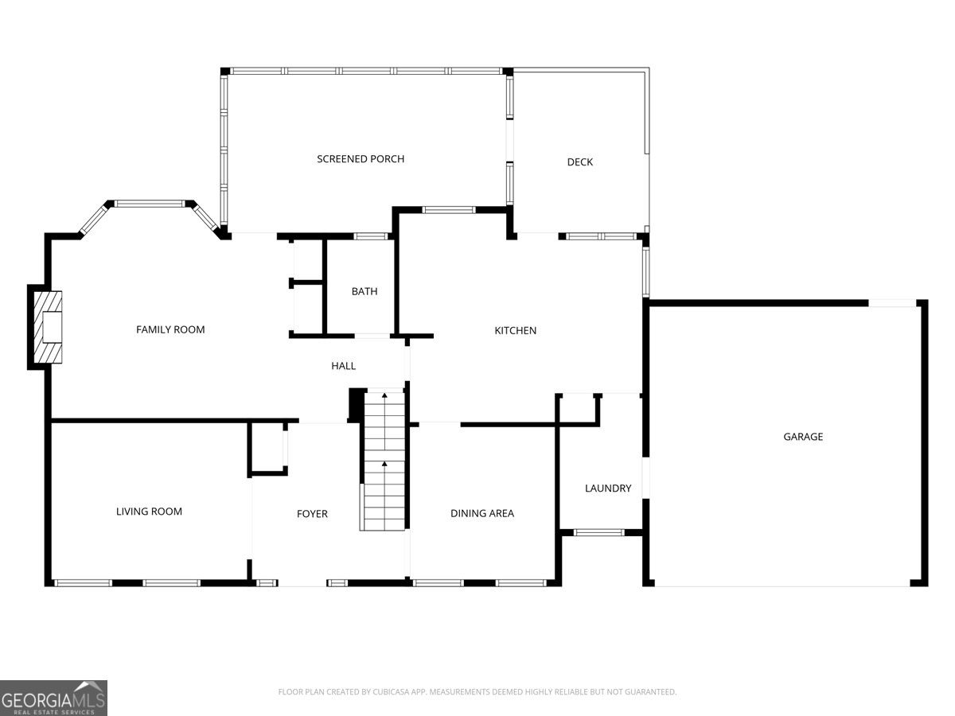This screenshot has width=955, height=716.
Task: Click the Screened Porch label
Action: [x=361, y=159]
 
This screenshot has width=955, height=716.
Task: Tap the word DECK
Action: [x=579, y=162]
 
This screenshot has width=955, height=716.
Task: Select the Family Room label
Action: [x=170, y=329]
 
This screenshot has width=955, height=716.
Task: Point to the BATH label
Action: [x=364, y=292]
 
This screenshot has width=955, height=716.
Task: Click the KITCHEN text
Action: [x=516, y=330]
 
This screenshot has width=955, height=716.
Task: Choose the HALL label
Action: [x=344, y=366]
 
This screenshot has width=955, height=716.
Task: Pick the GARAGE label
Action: [x=803, y=437]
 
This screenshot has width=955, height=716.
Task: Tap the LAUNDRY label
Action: [x=608, y=488]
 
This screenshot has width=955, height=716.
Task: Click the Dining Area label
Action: [x=482, y=513]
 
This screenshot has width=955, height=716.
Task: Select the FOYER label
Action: [x=312, y=514]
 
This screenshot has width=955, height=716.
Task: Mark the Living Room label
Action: [x=150, y=512]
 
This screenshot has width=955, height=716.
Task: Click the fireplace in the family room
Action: [x=48, y=327]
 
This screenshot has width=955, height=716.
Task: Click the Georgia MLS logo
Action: [x=53, y=698]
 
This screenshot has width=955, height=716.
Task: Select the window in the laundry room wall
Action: [x=599, y=532]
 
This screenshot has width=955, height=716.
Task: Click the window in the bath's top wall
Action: [x=370, y=236]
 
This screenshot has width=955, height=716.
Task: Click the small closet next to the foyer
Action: [x=267, y=449]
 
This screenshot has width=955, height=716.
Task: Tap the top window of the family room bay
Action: [x=150, y=204]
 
